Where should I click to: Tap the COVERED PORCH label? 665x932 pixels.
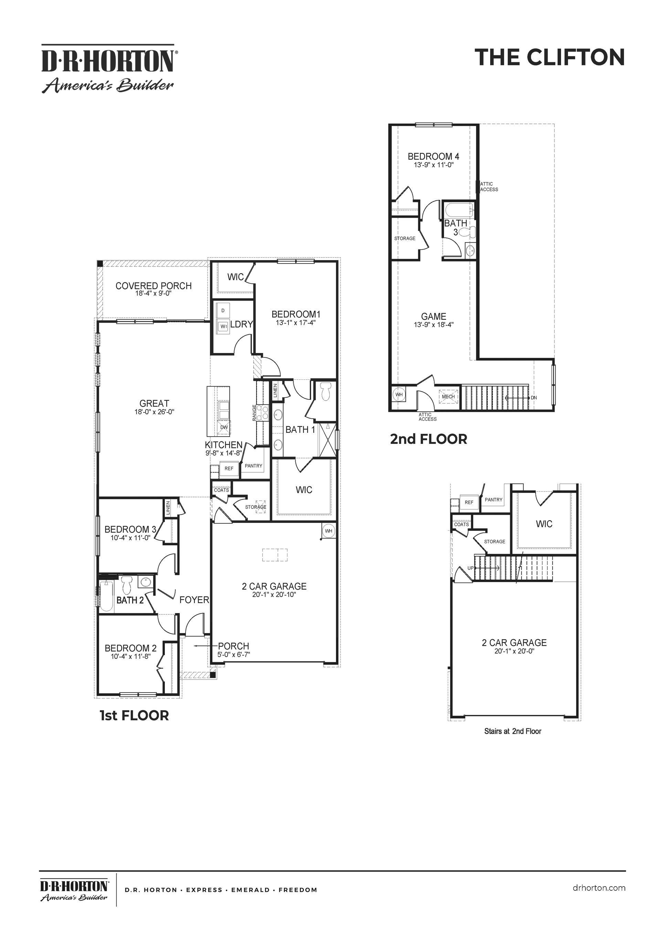pyautogui.click(x=154, y=286)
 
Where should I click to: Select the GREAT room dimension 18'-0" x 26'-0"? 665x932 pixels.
pyautogui.click(x=154, y=412)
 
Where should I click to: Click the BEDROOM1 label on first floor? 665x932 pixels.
pyautogui.click(x=296, y=314)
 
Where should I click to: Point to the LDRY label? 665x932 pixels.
pyautogui.click(x=241, y=324)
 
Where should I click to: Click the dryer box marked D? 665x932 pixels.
pyautogui.click(x=223, y=311)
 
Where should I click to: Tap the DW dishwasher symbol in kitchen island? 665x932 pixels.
pyautogui.click(x=224, y=427)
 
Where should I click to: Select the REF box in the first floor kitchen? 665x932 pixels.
pyautogui.click(x=229, y=468)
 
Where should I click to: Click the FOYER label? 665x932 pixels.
pyautogui.click(x=194, y=600)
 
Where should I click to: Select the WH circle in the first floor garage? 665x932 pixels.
pyautogui.click(x=328, y=531)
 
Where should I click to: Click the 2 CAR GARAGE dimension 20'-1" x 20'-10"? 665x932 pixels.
pyautogui.click(x=274, y=595)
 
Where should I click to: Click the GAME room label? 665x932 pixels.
pyautogui.click(x=434, y=317)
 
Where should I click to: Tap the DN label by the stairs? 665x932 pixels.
pyautogui.click(x=534, y=397)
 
